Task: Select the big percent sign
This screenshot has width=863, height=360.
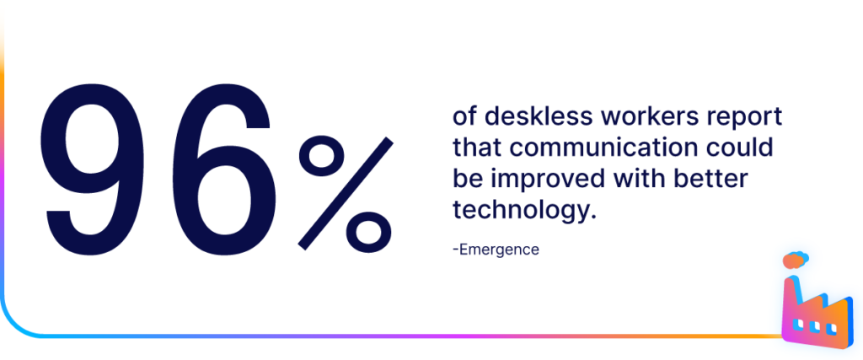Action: [x=346, y=193]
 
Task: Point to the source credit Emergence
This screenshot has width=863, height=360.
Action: [x=496, y=250]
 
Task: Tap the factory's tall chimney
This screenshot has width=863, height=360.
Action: [x=792, y=300]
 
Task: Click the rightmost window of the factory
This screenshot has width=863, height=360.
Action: [x=831, y=329]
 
